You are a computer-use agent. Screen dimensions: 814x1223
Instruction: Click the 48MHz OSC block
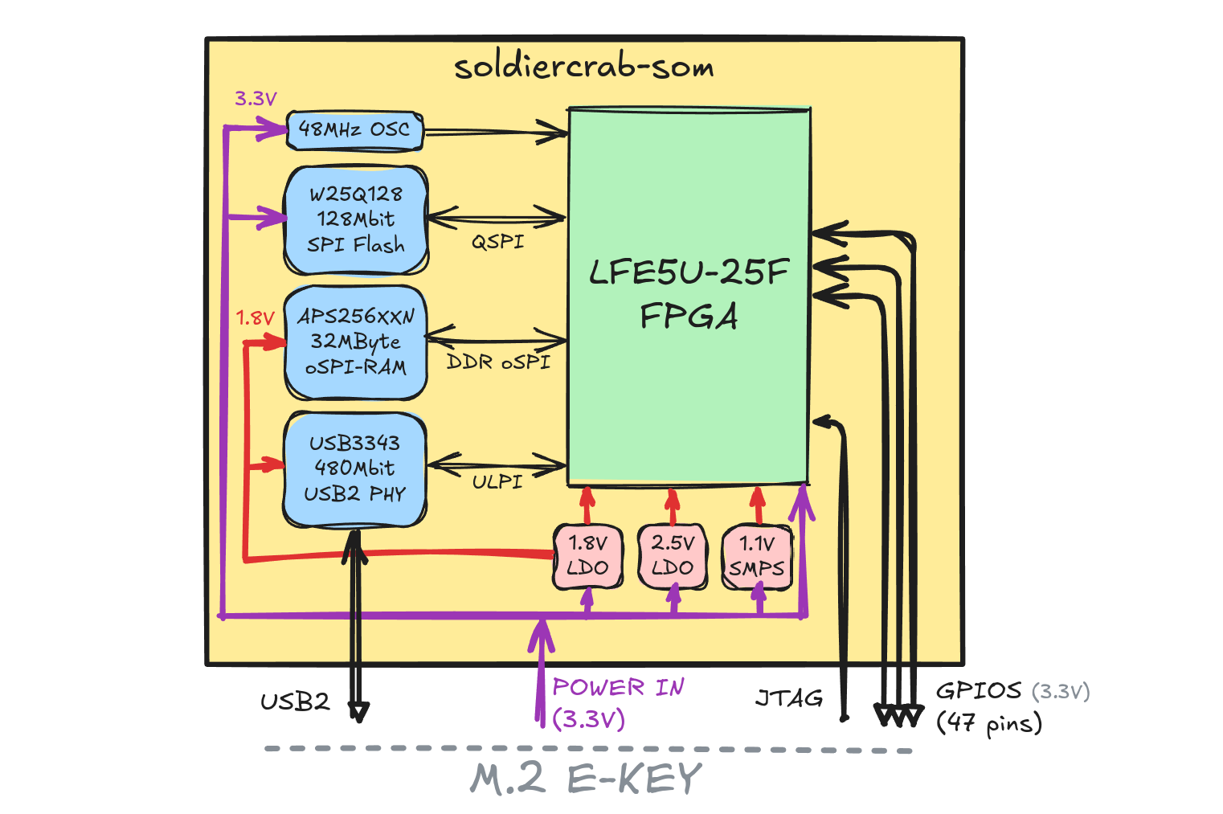[354, 130]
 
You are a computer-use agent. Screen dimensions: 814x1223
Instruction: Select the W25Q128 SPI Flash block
[356, 219]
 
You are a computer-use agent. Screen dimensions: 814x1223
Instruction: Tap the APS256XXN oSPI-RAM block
[356, 342]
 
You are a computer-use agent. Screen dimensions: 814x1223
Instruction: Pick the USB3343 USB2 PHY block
[354, 468]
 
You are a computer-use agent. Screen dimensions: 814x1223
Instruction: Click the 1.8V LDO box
[587, 555]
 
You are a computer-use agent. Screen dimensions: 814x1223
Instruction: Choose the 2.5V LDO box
[672, 555]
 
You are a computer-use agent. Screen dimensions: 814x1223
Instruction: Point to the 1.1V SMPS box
[756, 556]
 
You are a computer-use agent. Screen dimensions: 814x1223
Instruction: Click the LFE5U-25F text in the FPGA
[689, 272]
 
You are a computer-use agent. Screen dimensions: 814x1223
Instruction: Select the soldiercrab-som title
[584, 67]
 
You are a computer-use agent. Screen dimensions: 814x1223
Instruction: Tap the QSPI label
[497, 242]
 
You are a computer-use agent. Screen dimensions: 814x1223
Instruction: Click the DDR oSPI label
[498, 362]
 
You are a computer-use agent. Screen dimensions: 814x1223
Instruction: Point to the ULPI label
[497, 482]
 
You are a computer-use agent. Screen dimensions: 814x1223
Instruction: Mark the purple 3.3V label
[256, 99]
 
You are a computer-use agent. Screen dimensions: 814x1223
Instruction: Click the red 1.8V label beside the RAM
[255, 318]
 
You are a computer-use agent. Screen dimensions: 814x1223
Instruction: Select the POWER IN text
[618, 688]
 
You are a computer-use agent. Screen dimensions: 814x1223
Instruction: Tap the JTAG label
[789, 698]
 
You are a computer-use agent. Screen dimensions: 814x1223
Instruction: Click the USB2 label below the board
[295, 702]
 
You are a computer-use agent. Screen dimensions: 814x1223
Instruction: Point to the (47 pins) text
[989, 722]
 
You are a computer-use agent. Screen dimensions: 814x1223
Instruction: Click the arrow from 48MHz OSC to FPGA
[494, 132]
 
